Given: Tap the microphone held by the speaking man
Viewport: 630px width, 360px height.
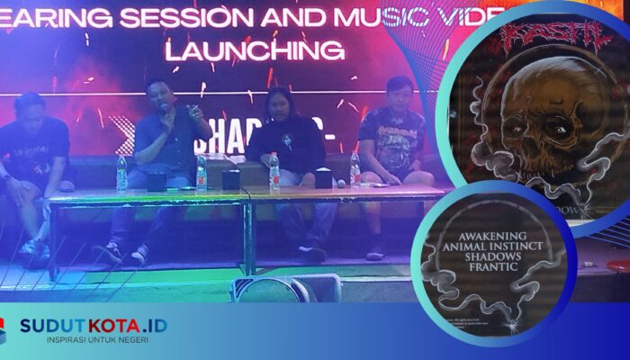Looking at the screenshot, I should [x=165, y=110].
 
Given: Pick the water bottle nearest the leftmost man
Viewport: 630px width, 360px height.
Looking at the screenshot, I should [x=121, y=173].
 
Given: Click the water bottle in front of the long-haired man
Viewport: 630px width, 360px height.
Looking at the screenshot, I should [x=274, y=171].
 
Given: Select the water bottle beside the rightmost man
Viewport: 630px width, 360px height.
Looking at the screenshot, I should [x=355, y=169].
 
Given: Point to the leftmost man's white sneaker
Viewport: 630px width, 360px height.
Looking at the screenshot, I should [x=33, y=247].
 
